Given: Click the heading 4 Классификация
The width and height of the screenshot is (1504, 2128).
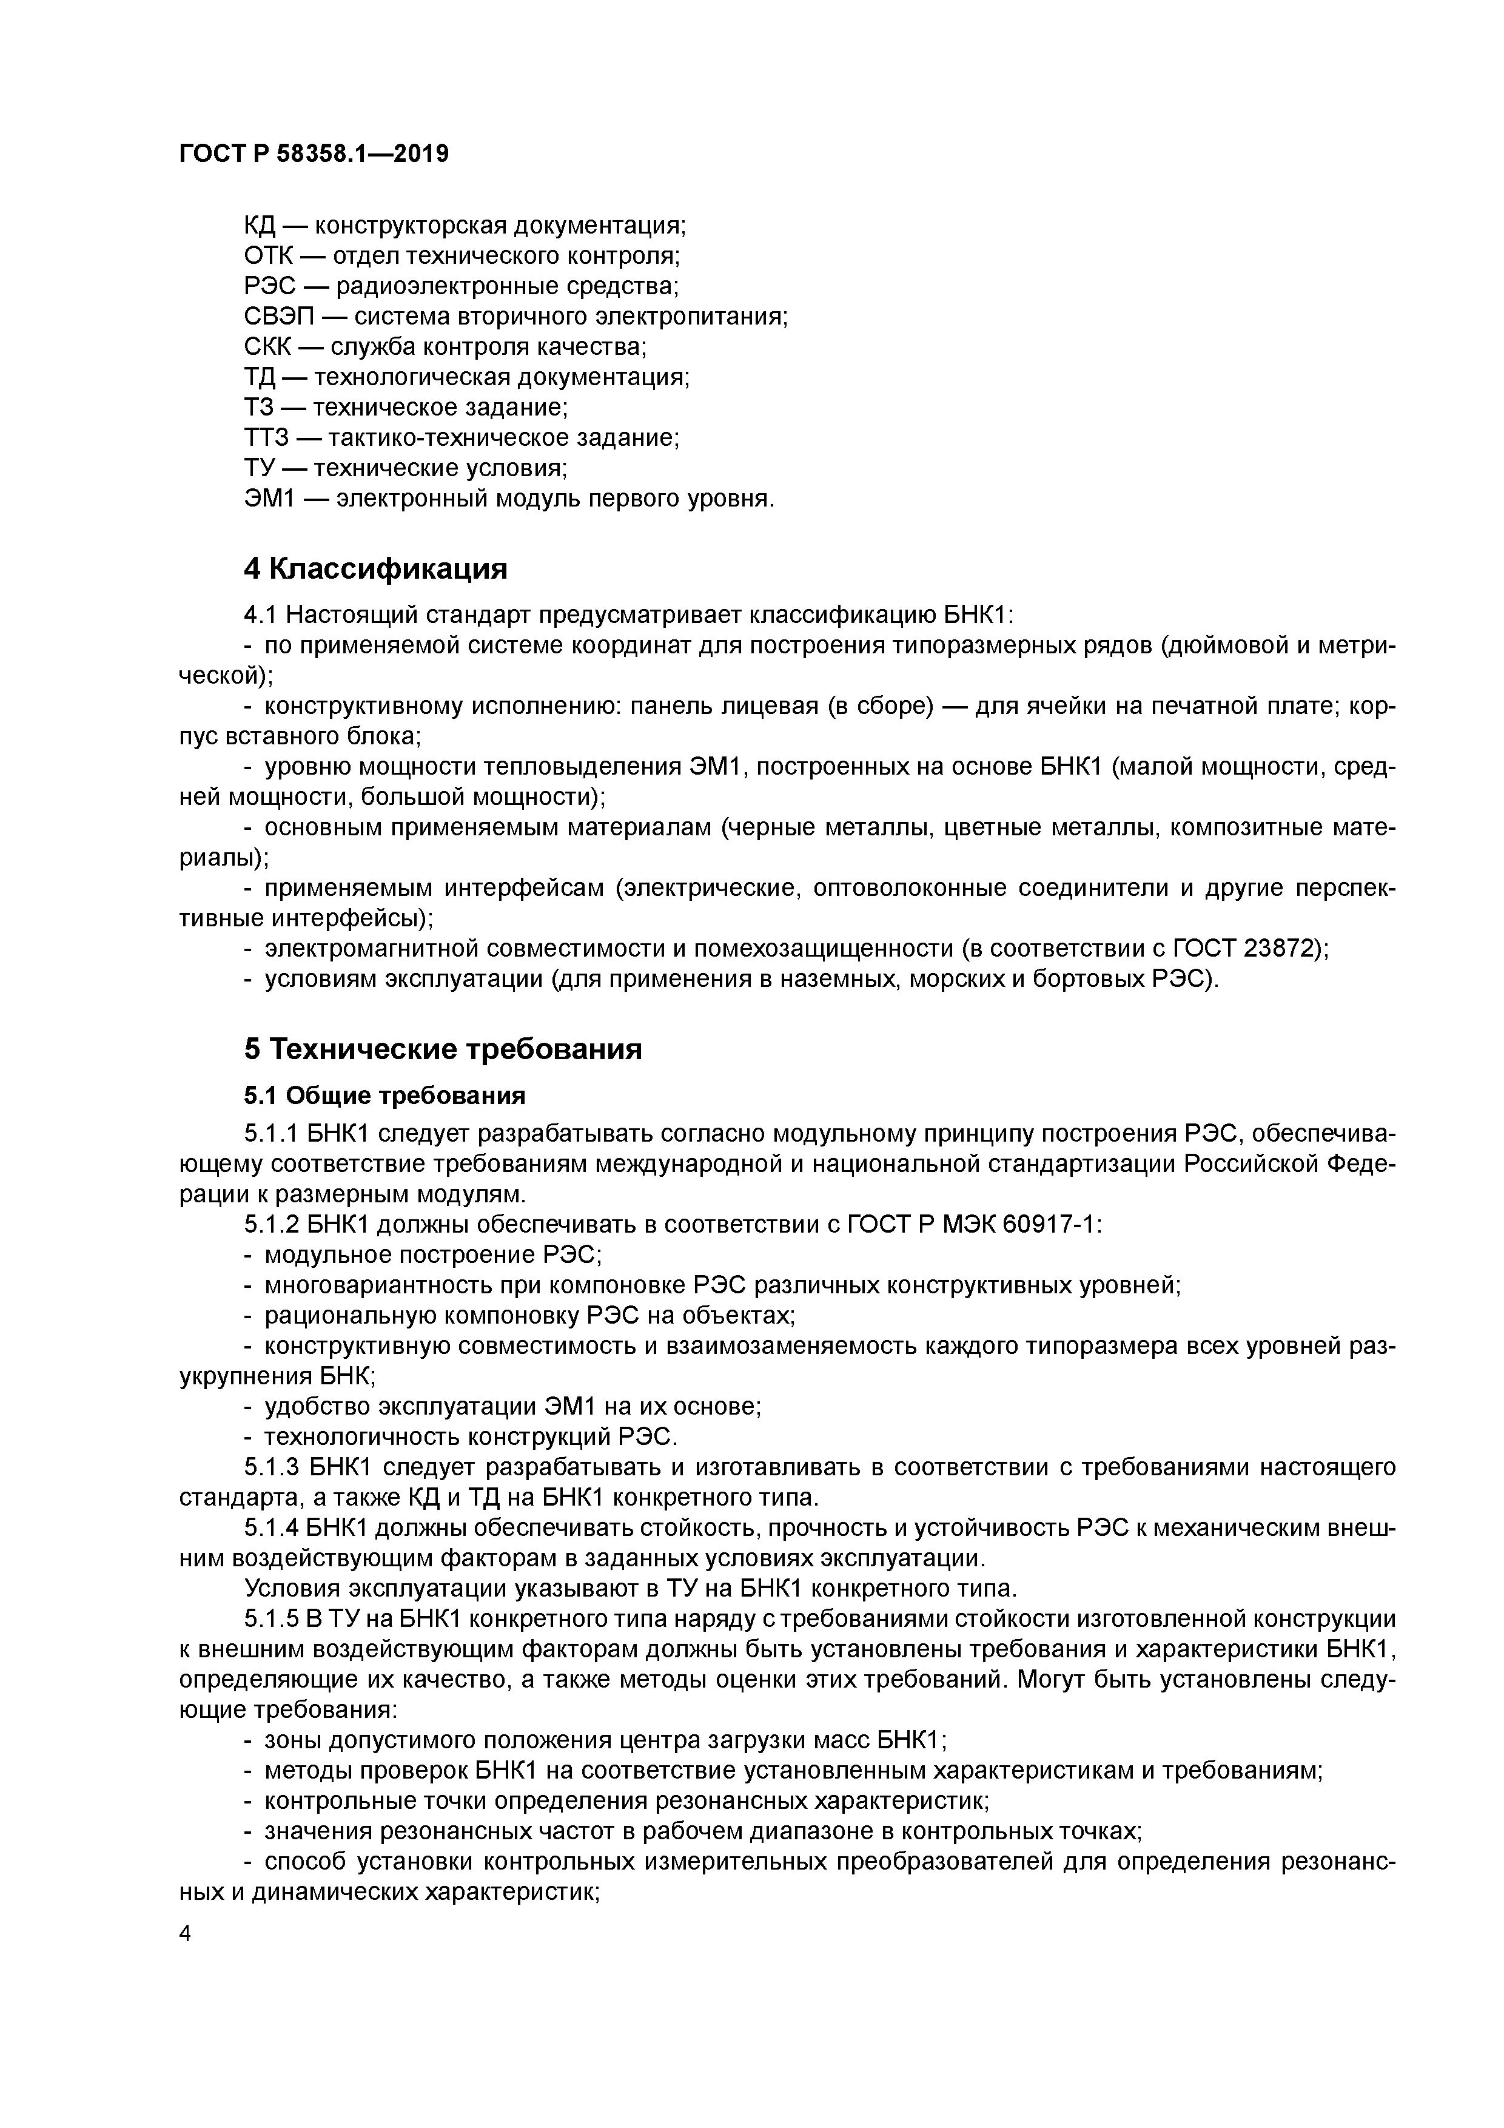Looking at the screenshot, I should point(375,568).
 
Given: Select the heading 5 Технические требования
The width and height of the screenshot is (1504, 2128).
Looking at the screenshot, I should point(443,1049).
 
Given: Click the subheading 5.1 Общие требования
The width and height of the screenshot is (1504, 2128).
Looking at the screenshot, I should point(384,1096).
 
